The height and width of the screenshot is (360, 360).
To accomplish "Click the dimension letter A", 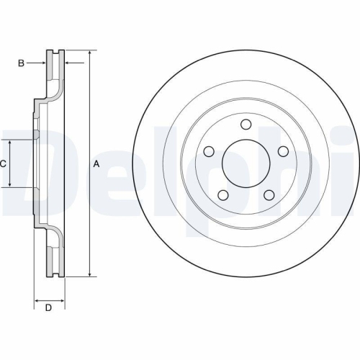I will point(96,164).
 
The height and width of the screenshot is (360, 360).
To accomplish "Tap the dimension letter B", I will point(22,63).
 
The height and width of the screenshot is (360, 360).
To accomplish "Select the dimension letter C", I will point(3,164).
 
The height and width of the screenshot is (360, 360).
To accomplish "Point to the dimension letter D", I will point(48,308).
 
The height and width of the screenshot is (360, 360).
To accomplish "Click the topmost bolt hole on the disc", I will point(246,125).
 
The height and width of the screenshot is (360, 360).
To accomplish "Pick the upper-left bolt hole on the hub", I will point(210,152).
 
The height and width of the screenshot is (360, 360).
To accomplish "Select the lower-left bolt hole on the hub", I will point(224,194).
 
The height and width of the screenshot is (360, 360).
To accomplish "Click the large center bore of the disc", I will point(246,163).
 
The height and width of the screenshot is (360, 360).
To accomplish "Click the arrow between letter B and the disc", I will point(42,63).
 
